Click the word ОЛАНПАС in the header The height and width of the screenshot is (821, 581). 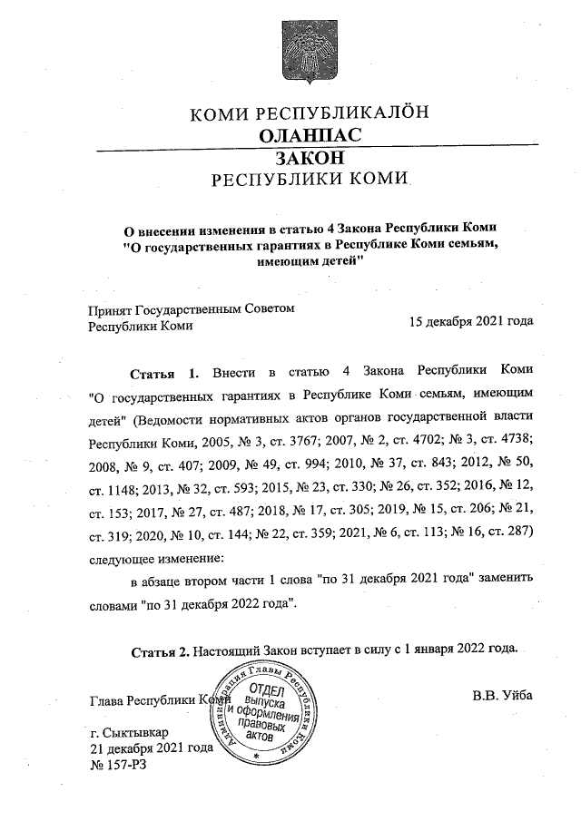[310, 135]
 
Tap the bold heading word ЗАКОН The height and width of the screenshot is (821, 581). [310, 157]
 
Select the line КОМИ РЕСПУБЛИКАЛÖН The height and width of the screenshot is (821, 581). [309, 113]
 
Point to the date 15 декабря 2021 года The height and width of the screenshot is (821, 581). [471, 322]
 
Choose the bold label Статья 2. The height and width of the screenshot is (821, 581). [160, 650]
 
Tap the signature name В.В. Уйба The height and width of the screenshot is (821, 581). [503, 696]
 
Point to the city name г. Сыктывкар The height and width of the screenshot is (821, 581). [129, 732]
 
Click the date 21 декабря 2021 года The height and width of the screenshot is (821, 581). [151, 748]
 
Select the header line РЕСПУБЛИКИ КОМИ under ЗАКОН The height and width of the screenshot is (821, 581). [310, 179]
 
